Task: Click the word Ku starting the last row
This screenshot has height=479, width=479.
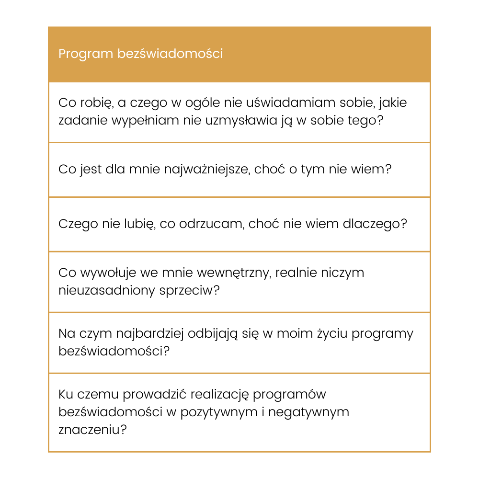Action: click(65, 395)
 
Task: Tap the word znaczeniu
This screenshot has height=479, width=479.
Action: click(92, 430)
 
